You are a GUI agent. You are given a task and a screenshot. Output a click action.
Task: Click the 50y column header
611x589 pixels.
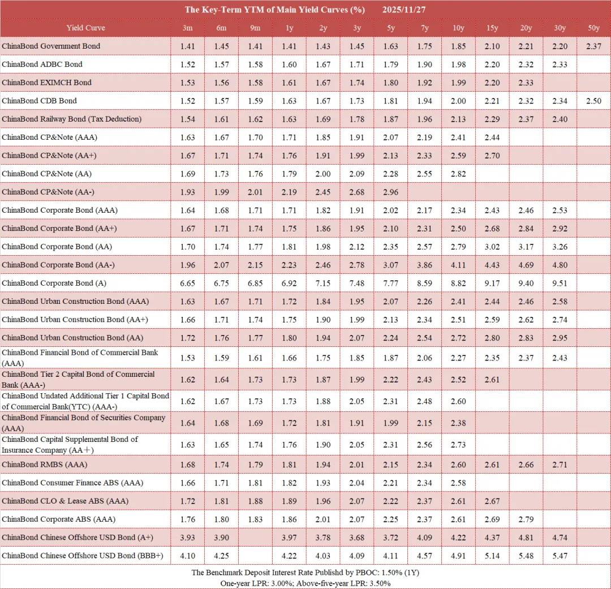(593, 28)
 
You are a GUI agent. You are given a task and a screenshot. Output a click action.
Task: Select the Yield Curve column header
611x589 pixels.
(85, 28)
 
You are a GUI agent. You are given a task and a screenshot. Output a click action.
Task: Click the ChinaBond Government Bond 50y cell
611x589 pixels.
(593, 46)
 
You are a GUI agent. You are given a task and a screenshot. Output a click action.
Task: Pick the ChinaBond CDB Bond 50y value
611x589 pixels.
(593, 101)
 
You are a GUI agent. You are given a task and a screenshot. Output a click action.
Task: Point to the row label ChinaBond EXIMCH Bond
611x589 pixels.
(46, 83)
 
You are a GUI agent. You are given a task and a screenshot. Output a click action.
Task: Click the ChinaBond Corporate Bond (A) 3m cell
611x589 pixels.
(188, 283)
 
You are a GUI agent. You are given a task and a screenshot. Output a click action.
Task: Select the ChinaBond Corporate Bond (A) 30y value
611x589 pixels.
(560, 283)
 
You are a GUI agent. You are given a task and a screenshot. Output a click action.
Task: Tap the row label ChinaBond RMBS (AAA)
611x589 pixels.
(45, 465)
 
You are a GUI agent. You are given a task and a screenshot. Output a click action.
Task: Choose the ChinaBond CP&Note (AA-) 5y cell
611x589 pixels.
(390, 192)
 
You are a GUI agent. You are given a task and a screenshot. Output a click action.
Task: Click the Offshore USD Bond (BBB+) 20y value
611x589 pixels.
(526, 556)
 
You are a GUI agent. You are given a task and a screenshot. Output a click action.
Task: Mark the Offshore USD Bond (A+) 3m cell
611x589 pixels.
(188, 538)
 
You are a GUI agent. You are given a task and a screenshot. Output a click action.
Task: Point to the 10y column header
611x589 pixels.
(458, 28)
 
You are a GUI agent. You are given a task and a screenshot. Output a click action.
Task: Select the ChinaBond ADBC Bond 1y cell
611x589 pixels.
(289, 65)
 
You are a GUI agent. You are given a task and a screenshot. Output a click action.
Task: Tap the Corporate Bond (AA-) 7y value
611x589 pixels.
(424, 265)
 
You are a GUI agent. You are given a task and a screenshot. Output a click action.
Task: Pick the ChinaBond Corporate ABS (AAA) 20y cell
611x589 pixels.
(526, 519)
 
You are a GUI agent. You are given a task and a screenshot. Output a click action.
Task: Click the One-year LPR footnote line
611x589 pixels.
(305, 583)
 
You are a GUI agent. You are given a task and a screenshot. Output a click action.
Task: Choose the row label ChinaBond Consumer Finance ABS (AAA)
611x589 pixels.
(72, 483)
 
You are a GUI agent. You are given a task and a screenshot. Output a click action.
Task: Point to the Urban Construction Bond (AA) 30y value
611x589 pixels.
(560, 338)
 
